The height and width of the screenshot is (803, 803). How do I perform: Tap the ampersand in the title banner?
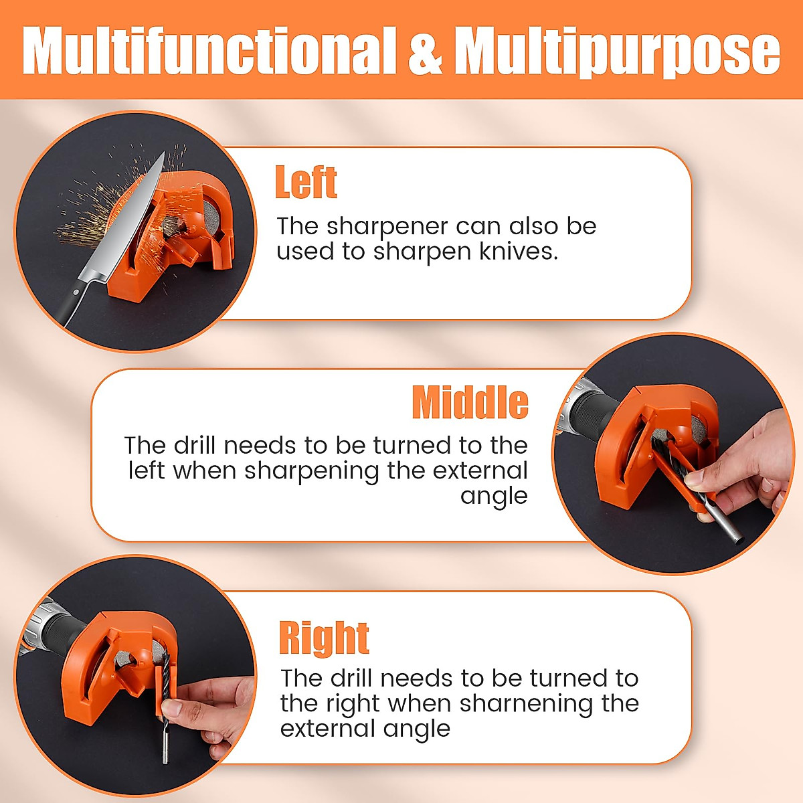coord(426,51)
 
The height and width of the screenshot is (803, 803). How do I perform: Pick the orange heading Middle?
coord(470,402)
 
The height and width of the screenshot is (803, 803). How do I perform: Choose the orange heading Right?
coord(324,638)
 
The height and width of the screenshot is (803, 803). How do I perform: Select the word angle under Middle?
coord(494,497)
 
